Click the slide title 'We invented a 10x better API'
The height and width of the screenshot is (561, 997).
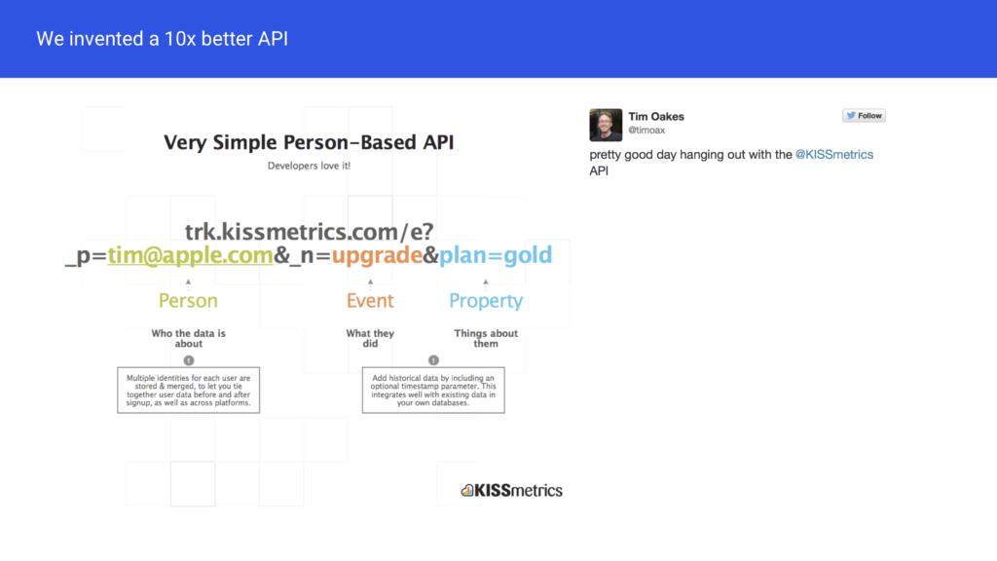(x=163, y=39)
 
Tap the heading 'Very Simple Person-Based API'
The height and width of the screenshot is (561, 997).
(x=309, y=142)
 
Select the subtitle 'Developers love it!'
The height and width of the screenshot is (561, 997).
(x=309, y=166)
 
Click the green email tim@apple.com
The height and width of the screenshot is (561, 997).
(x=190, y=256)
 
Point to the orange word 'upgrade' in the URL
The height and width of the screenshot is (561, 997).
(x=377, y=256)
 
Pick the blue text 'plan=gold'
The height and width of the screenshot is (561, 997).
(x=496, y=256)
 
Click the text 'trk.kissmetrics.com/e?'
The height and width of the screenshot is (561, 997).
(x=309, y=232)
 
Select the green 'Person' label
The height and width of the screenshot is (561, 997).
(x=188, y=301)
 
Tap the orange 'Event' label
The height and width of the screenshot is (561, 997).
(x=370, y=301)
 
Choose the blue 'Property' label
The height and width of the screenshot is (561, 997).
(x=486, y=302)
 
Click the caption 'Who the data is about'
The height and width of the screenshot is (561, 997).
(x=188, y=338)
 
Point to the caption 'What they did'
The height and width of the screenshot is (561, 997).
(x=370, y=338)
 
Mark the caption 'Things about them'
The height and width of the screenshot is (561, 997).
(x=486, y=338)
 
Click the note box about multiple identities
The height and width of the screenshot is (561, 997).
(x=188, y=390)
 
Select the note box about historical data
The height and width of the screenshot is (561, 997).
(x=433, y=390)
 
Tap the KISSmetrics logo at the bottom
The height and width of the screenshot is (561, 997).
(x=512, y=491)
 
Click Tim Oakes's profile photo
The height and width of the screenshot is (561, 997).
(x=606, y=125)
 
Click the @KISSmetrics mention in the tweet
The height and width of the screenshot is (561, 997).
(x=834, y=155)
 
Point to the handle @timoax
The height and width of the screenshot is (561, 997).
(x=646, y=131)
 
